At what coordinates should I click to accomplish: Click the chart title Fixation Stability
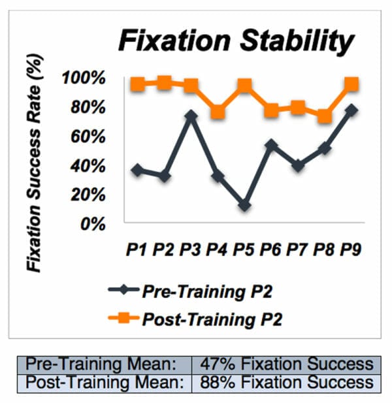tap(235, 42)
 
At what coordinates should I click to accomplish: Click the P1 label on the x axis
tap(137, 249)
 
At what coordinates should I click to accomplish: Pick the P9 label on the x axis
tap(351, 249)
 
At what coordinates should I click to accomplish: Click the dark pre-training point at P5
tap(244, 206)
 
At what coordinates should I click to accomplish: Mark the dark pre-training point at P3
tap(191, 116)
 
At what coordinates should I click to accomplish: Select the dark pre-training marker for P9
tap(351, 110)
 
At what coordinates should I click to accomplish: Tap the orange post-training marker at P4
tap(218, 112)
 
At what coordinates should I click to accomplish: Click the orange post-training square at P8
tap(325, 116)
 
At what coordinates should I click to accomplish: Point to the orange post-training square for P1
tap(137, 84)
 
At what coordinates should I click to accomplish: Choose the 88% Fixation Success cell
tap(286, 382)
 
